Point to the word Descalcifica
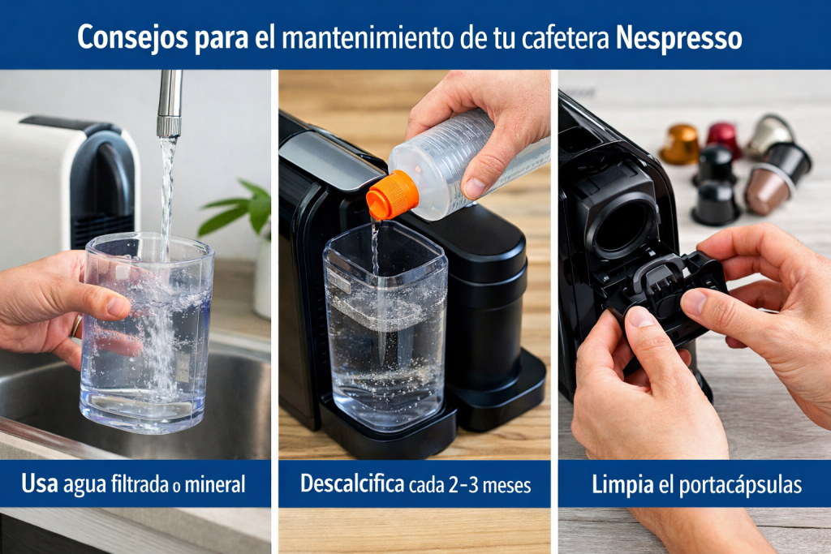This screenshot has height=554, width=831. (352, 484)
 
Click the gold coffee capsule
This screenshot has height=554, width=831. (679, 144)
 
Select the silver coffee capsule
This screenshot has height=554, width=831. (769, 133)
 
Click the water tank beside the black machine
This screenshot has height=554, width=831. (384, 333)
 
